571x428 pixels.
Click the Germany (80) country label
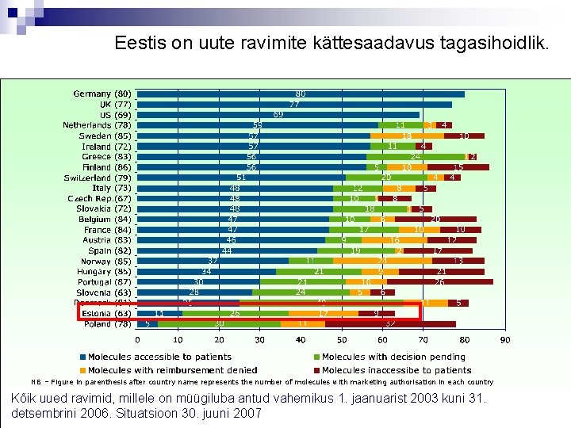102,94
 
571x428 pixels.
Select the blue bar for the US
278,114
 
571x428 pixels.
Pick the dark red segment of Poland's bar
389,323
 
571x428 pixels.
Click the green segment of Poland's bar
218,323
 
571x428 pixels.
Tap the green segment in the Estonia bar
235,313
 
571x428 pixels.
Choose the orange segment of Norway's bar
382,260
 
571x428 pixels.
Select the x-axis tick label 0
136,341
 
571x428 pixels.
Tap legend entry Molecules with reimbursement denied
171,369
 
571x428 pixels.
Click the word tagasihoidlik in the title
495,43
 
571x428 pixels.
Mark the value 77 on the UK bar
293,104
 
